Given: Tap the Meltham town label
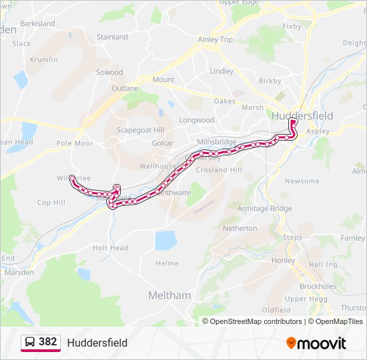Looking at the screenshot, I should tap(169, 295).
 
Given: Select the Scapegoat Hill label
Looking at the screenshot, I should tap(140, 130).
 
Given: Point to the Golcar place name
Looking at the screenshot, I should tap(163, 143).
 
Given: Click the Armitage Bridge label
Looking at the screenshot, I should tap(265, 209).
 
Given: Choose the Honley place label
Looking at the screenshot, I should tap(284, 260).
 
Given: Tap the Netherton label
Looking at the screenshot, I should tap(240, 228).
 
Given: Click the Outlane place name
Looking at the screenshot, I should tap(125, 88).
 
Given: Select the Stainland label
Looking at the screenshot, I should tap(112, 37).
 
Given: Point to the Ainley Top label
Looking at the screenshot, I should tap(216, 40).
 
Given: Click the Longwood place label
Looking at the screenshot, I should tap(196, 121).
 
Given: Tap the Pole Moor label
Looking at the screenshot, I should tap(75, 143).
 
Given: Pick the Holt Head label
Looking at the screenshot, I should tap(110, 248).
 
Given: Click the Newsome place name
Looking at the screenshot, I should tap(302, 181).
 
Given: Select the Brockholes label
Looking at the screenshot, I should tap(318, 286).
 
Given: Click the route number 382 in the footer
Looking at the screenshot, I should tap(47, 342).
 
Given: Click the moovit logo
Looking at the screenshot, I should tap(316, 343).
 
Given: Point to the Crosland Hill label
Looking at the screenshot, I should tap(218, 170).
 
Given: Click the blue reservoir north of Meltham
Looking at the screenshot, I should tap(165, 240).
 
